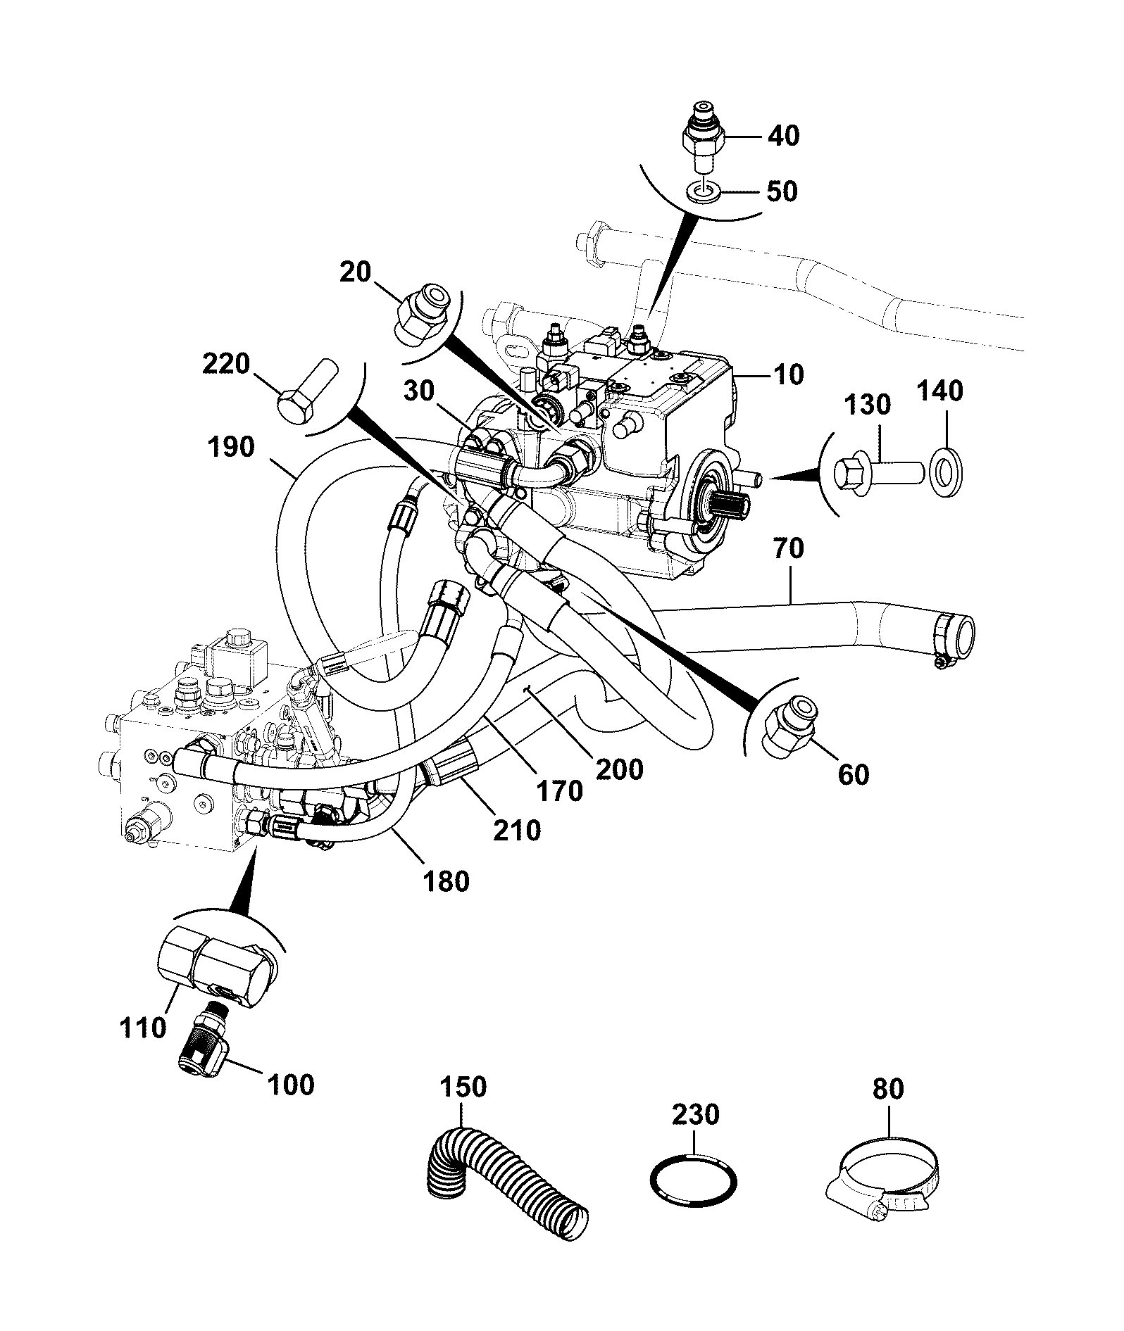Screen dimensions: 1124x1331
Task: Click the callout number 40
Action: click(783, 136)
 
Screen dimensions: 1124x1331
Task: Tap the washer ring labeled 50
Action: click(701, 191)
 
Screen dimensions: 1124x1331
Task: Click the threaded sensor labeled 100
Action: click(201, 1049)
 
